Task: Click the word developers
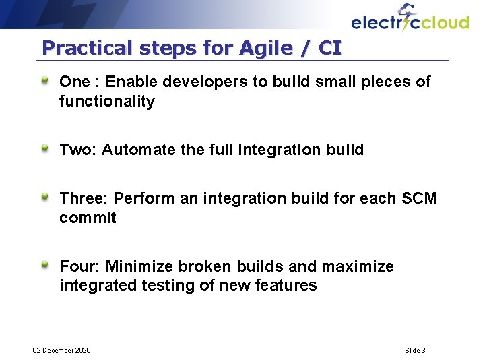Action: (x=212, y=82)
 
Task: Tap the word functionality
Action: (x=107, y=102)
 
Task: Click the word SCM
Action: (x=419, y=198)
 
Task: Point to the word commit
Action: (x=88, y=218)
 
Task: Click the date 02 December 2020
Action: (x=62, y=350)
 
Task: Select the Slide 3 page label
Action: (x=415, y=350)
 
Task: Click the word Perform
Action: (x=143, y=198)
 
